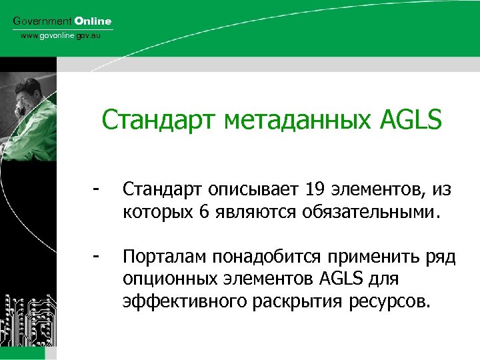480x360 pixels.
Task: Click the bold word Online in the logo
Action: coord(93,21)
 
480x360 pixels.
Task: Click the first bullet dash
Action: coord(97,190)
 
